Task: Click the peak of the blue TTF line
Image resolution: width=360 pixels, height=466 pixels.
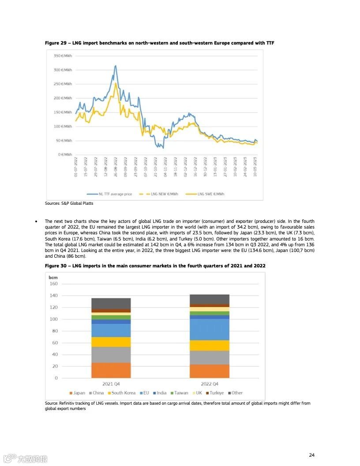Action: coord(116,66)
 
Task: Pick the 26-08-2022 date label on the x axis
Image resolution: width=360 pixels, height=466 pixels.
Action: coord(116,166)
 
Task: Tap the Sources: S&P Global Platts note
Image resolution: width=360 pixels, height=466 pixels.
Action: coord(69,203)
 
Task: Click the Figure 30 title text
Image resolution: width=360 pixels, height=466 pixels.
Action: coord(155,266)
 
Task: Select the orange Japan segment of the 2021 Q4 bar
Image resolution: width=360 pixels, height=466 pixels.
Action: coord(105,370)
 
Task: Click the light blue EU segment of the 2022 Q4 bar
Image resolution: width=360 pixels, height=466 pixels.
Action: coord(210,329)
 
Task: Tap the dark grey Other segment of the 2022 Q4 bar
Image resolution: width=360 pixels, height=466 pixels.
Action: coord(210,299)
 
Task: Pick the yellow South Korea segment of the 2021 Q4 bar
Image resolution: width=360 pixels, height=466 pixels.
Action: coord(105,342)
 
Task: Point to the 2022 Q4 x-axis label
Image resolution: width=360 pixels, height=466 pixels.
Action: coord(210,384)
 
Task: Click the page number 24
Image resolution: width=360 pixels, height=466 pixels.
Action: coord(311,455)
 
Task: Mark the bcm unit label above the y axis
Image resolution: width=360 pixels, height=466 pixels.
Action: coord(53,277)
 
